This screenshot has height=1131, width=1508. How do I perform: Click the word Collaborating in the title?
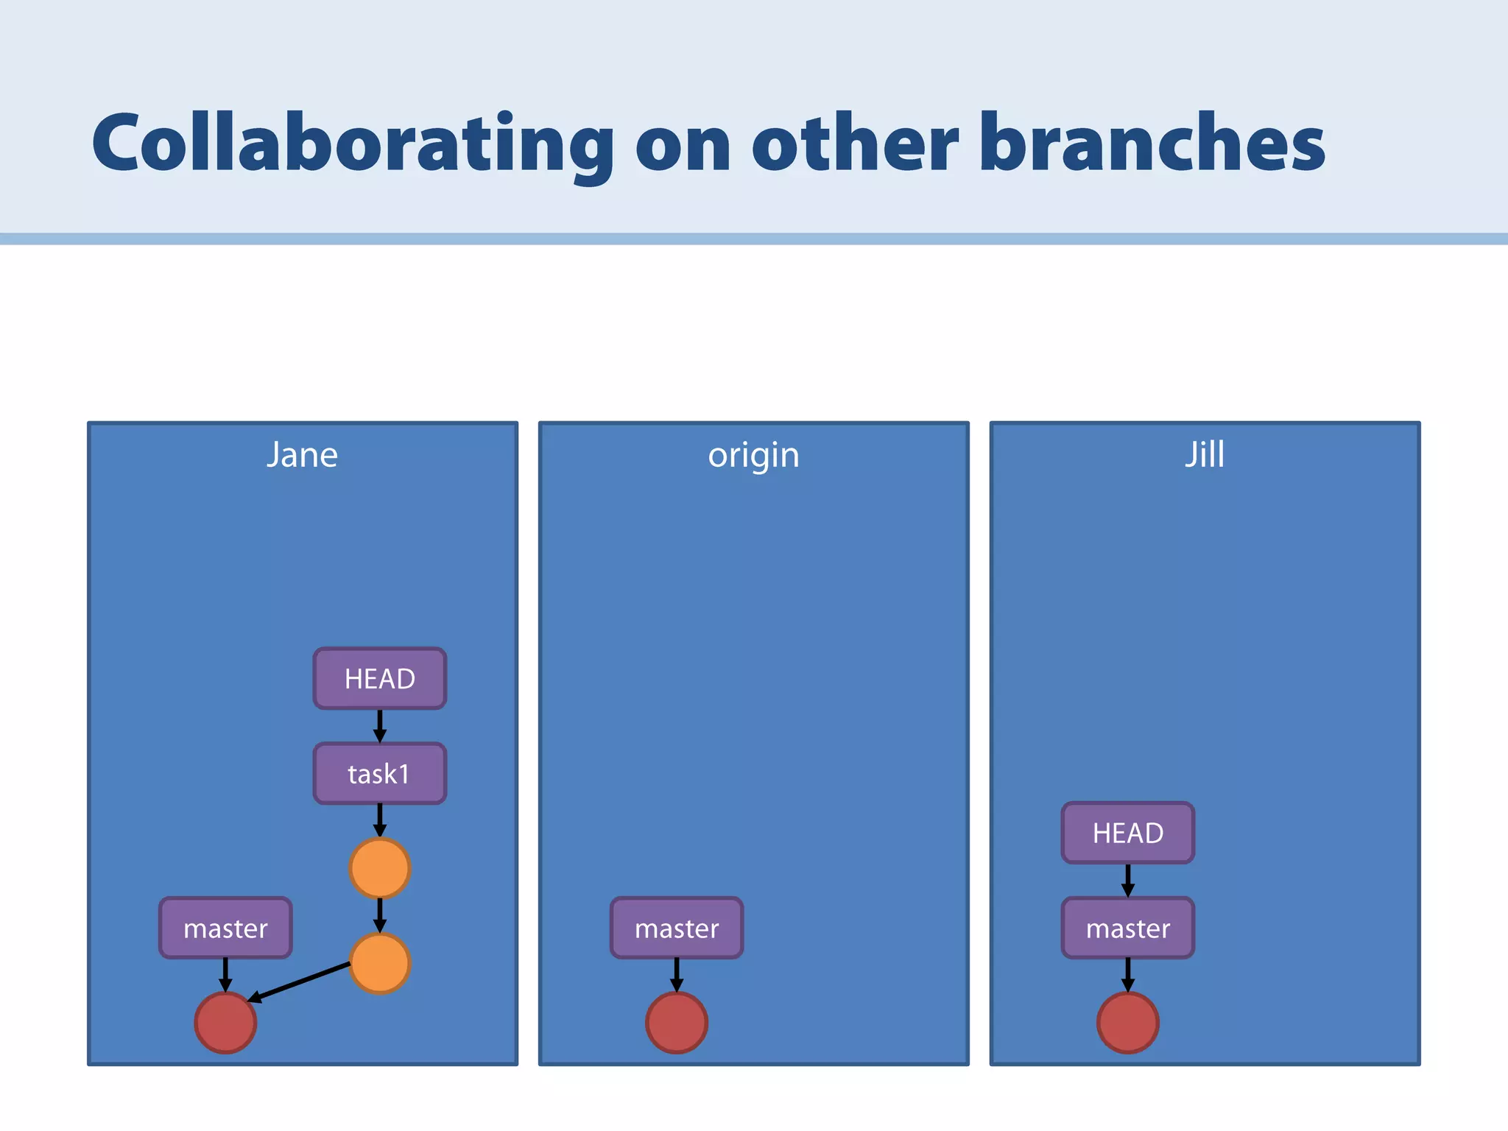coord(352,143)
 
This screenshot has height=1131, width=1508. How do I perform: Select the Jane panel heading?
coord(302,455)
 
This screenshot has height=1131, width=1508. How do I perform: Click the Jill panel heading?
coord(1205,454)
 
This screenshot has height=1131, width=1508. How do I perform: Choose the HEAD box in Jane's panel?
coord(380,679)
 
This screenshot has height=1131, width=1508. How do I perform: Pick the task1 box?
coord(380,774)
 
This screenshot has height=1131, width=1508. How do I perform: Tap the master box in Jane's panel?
coord(225,929)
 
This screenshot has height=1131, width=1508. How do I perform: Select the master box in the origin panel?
coord(677,929)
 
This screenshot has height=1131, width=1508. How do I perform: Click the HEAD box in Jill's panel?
coord(1128,834)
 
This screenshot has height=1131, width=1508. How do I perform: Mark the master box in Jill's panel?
coord(1128,929)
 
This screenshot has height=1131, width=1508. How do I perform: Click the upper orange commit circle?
coord(380,869)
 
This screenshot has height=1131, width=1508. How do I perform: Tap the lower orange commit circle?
coord(380,964)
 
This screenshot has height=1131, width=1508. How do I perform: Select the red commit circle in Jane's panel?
coord(225,1023)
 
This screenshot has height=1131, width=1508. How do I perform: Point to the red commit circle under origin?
coord(677,1023)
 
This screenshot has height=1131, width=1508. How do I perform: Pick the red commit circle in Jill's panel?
coord(1128,1023)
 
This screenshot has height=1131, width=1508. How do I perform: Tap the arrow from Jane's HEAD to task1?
coord(380,726)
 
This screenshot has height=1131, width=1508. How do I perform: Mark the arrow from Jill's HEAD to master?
coord(1128,881)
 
